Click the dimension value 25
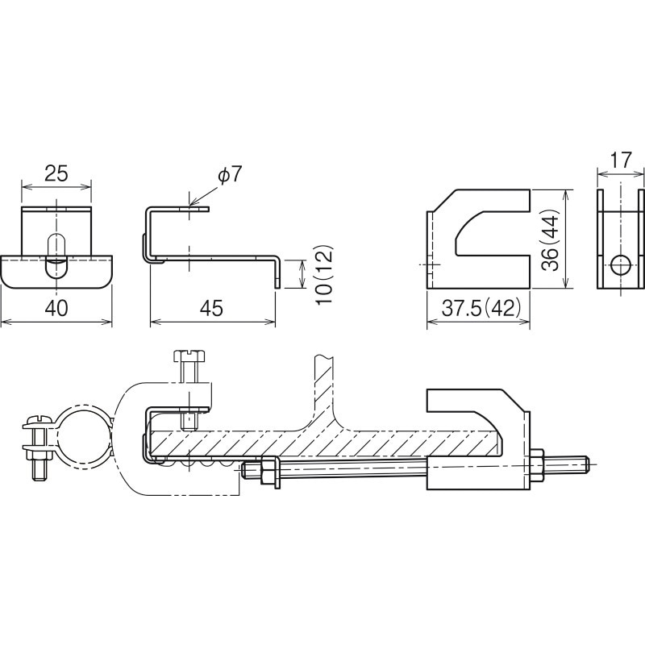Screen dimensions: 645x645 [55, 173]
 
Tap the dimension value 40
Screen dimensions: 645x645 [55, 308]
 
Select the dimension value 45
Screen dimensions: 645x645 [211, 308]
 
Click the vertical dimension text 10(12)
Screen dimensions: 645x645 [325, 274]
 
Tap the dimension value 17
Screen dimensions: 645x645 [621, 160]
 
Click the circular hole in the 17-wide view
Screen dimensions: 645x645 [621, 264]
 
